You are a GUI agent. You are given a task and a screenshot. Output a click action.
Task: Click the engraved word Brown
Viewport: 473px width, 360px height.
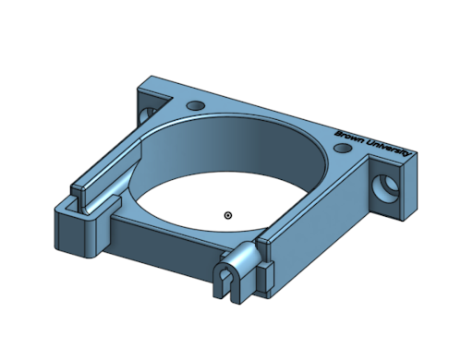click(x=349, y=138)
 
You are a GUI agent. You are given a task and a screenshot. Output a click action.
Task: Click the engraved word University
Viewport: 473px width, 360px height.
click(x=390, y=149)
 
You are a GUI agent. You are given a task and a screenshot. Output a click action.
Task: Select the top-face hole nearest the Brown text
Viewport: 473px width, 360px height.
click(x=343, y=149)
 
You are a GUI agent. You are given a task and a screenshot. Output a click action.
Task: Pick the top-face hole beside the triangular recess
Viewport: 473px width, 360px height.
click(x=196, y=105)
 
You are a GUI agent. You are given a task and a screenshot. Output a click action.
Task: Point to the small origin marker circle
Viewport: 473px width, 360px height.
click(x=228, y=215)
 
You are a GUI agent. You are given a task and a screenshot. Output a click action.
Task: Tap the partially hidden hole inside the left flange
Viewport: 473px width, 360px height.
click(x=147, y=114)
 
